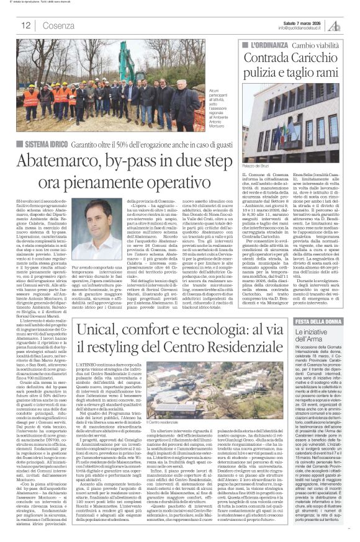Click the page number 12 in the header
(25, 25)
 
